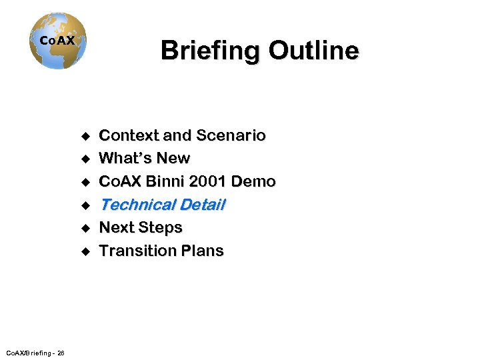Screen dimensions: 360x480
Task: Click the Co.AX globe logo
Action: point(58,41)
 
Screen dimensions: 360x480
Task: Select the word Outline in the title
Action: point(313,51)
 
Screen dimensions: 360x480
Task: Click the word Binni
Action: point(161,181)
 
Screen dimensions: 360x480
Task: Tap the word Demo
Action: point(257,181)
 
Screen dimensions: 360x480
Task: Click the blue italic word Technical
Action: point(135,205)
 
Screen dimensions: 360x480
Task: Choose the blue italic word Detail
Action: point(201,205)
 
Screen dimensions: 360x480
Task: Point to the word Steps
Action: point(161,228)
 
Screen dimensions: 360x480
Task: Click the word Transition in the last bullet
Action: point(137,251)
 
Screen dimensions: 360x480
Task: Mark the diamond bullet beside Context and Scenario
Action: point(85,137)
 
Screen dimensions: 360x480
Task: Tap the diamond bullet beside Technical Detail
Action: point(85,205)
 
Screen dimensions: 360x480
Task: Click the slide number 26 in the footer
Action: point(61,353)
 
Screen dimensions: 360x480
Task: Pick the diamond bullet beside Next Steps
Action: point(85,229)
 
